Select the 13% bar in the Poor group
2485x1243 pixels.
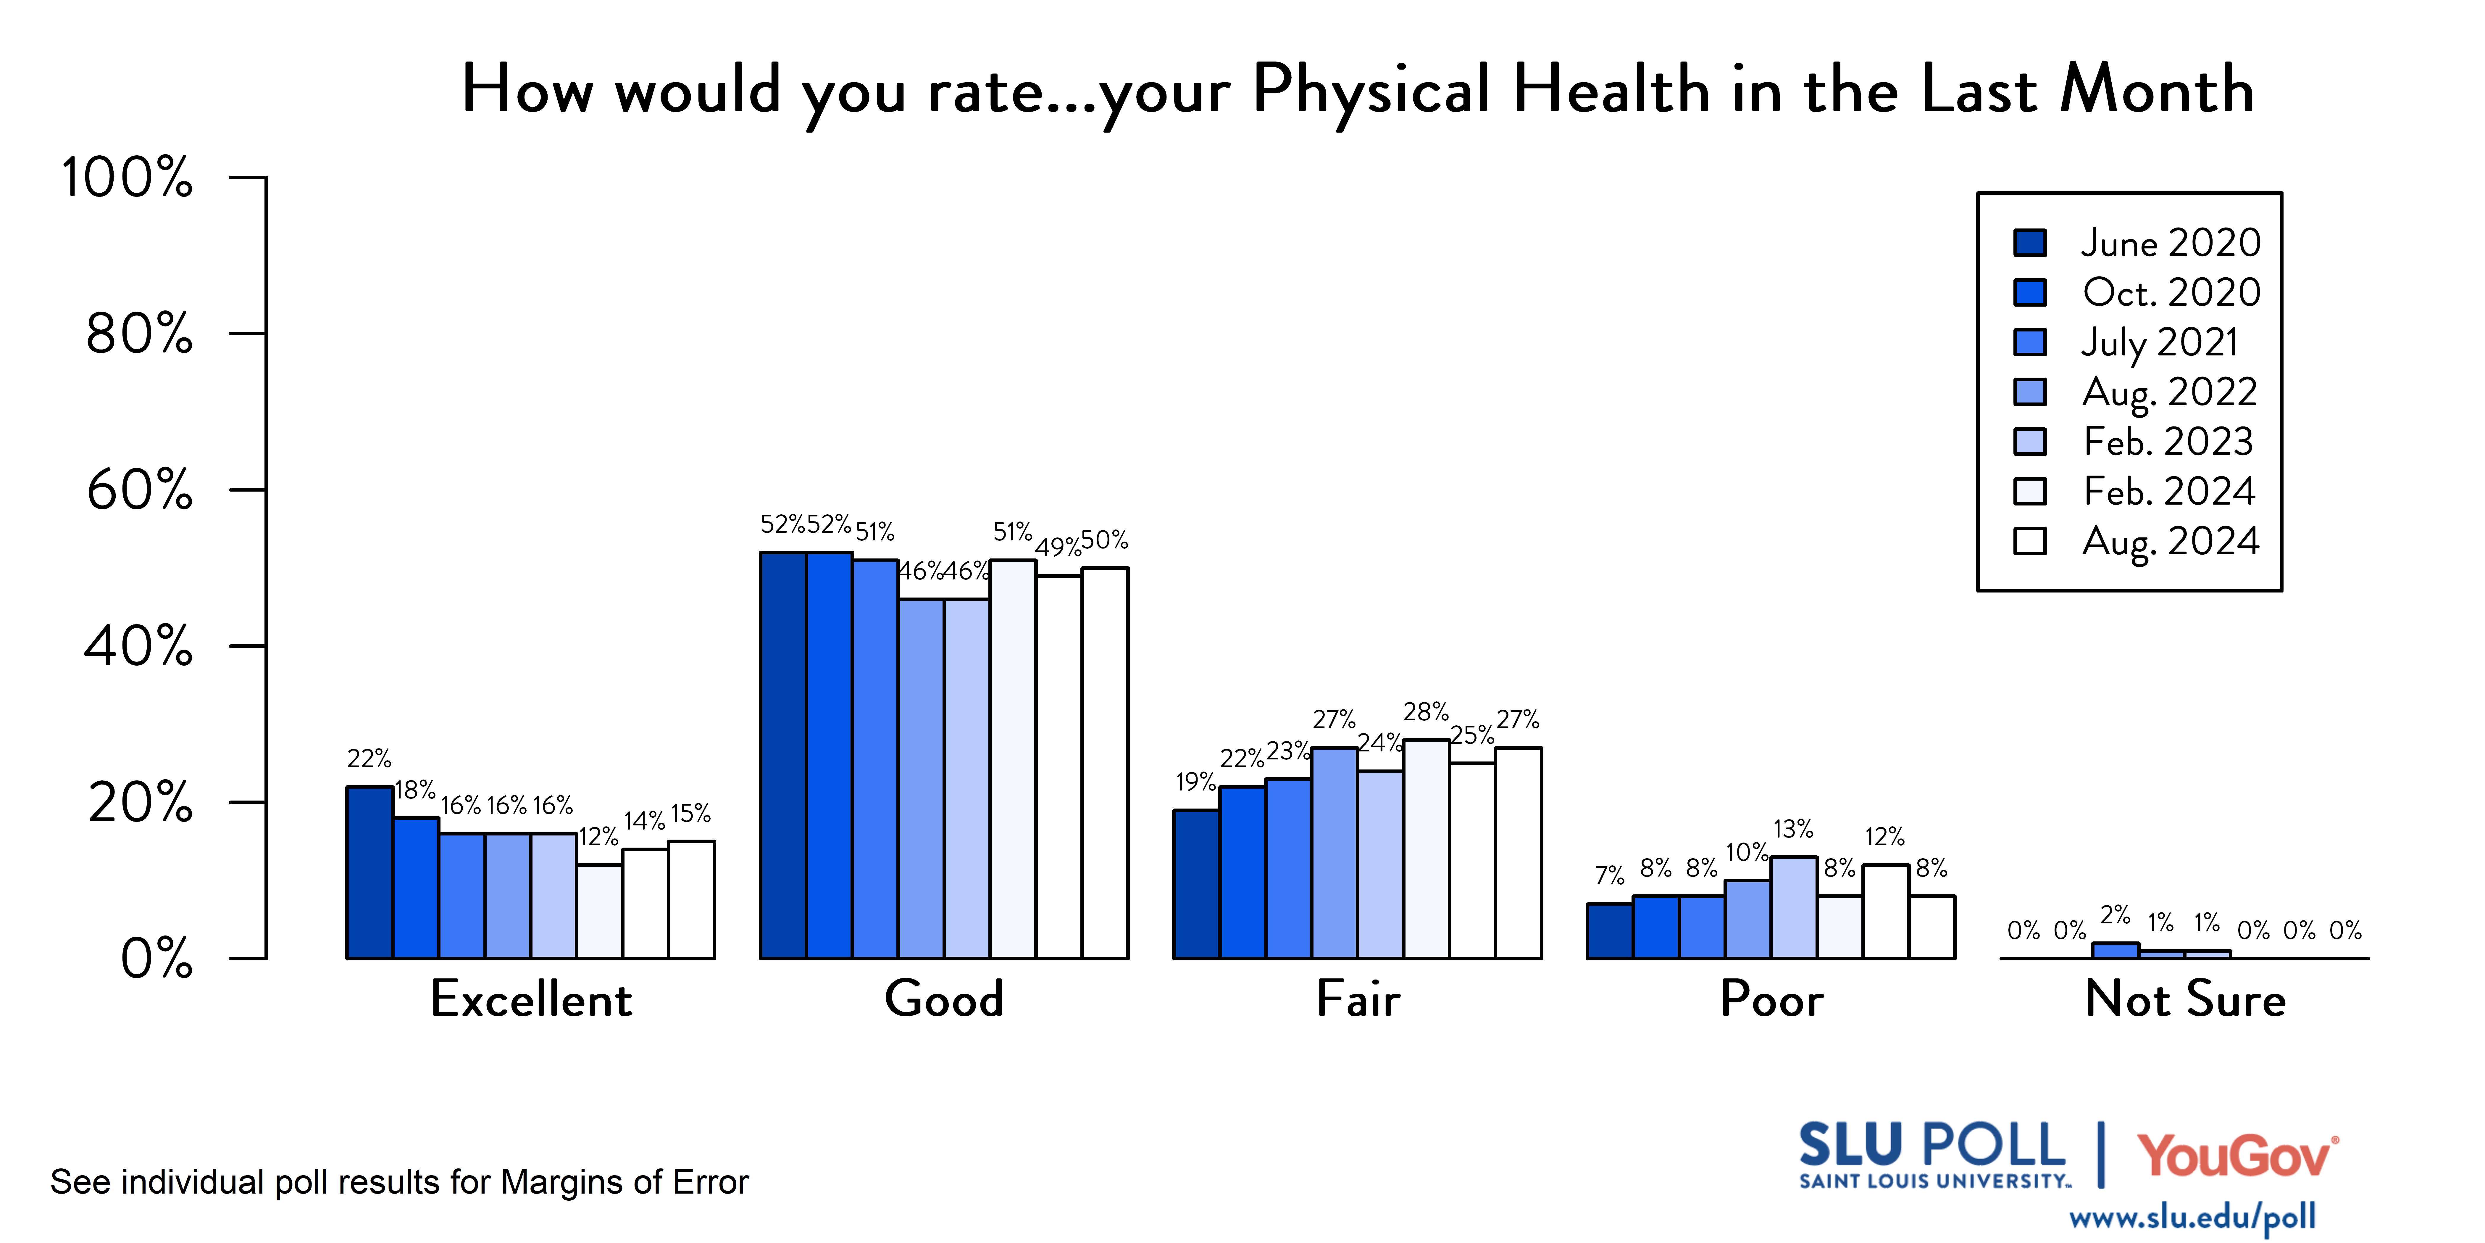(1793, 907)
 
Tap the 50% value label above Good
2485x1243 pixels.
(1105, 540)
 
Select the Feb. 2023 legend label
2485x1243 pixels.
(2168, 442)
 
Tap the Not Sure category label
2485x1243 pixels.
(2185, 999)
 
